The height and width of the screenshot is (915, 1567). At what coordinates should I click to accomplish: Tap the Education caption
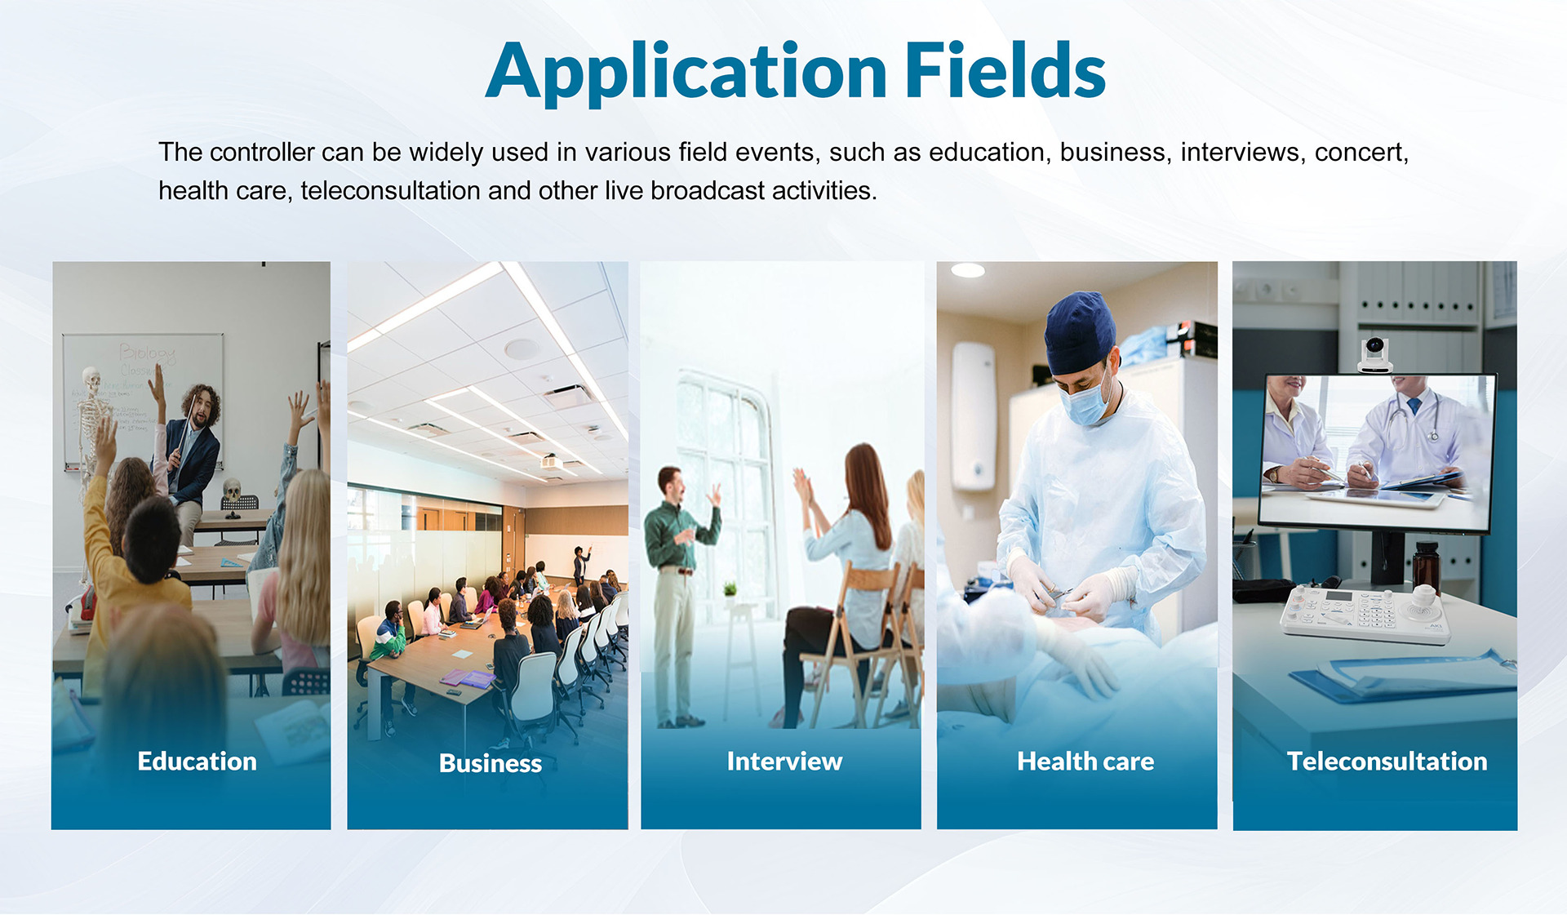click(x=197, y=761)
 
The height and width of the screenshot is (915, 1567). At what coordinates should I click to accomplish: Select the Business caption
click(x=491, y=763)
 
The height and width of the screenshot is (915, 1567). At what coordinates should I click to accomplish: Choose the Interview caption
click(x=784, y=761)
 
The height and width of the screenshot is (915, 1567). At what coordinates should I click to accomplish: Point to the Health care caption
click(x=1085, y=761)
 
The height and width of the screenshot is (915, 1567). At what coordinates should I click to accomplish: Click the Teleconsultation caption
click(x=1387, y=761)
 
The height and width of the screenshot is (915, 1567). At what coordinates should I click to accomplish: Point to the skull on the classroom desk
click(x=233, y=490)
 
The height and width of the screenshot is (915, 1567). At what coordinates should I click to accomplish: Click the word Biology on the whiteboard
click(x=148, y=353)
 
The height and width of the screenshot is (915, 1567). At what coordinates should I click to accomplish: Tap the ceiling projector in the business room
click(x=552, y=461)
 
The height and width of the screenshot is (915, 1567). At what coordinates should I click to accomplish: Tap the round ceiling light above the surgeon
click(x=968, y=271)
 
